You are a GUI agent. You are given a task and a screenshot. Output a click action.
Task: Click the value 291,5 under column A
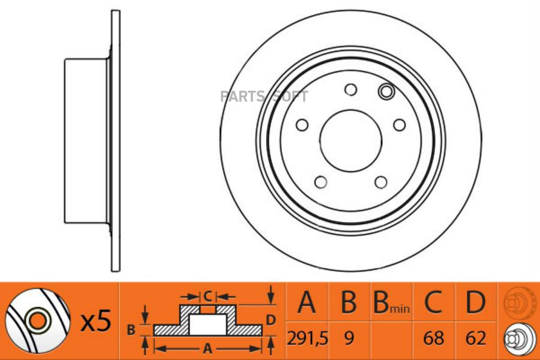click(x=308, y=338)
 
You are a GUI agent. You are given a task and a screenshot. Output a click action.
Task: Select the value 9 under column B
click(x=349, y=338)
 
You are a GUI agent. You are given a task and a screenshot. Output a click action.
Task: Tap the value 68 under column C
click(x=433, y=338)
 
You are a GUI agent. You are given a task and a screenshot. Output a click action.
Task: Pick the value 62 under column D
click(x=476, y=338)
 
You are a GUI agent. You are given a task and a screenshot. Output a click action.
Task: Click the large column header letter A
click(x=307, y=302)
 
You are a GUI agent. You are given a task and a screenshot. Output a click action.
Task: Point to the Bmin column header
click(x=392, y=302)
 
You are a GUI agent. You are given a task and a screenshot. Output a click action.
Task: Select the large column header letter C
click(x=433, y=302)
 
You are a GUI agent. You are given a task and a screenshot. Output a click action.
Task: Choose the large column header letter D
click(x=476, y=302)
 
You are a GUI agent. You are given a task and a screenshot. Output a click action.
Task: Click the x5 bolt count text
click(x=96, y=321)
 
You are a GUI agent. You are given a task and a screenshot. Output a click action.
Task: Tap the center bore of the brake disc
click(x=351, y=140)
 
